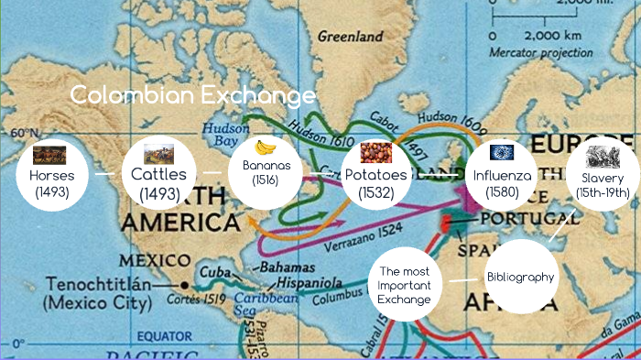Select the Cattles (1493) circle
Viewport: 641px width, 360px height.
point(158,173)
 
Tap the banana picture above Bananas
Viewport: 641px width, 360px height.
point(266,147)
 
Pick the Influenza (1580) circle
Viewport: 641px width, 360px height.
point(500,173)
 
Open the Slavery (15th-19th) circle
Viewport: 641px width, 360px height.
point(602,173)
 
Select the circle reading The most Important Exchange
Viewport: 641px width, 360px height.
point(405,286)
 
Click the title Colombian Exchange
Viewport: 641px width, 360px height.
point(192,95)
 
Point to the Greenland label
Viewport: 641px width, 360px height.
point(350,38)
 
